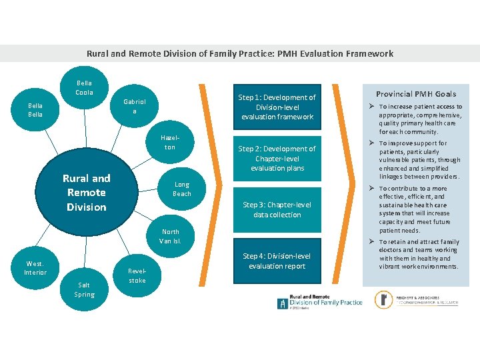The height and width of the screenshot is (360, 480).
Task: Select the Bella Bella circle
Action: tap(35, 110)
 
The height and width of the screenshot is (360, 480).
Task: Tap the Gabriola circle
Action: tap(134, 107)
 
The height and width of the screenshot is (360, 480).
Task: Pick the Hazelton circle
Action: tap(170, 142)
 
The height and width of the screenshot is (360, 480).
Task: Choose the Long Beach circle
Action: tap(182, 189)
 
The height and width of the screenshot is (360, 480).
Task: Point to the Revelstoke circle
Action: tap(137, 276)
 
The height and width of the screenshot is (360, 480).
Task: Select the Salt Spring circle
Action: tap(85, 289)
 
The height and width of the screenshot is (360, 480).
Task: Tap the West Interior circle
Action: tap(35, 268)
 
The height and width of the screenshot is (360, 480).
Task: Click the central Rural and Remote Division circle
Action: tap(87, 193)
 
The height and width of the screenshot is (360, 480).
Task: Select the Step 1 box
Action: tap(277, 107)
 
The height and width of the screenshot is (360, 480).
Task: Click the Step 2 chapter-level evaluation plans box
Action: tap(277, 159)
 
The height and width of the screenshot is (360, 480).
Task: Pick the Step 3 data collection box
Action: tap(277, 210)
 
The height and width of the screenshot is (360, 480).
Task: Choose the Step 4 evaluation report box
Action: tap(277, 261)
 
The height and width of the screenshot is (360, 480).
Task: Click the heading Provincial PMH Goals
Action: tap(416, 94)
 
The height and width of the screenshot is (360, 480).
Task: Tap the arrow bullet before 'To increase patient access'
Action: tap(372, 107)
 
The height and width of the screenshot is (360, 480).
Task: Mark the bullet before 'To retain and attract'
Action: tap(372, 242)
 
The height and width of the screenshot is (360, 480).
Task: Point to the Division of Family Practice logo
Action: tap(320, 301)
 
